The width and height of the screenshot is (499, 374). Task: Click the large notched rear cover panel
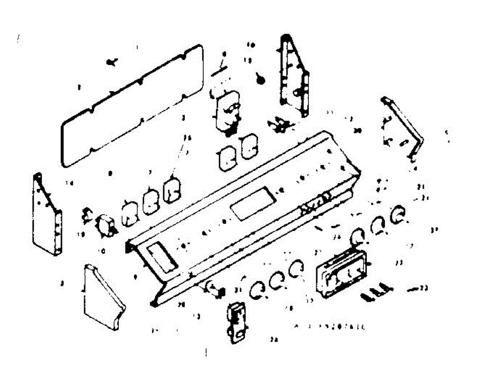coord(133,106)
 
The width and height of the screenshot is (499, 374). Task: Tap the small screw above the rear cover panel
coord(111,62)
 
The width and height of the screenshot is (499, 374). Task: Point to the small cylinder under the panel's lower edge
coord(214,288)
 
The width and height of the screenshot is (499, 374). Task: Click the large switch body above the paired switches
coord(227,110)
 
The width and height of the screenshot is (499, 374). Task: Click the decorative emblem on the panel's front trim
coord(316,202)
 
